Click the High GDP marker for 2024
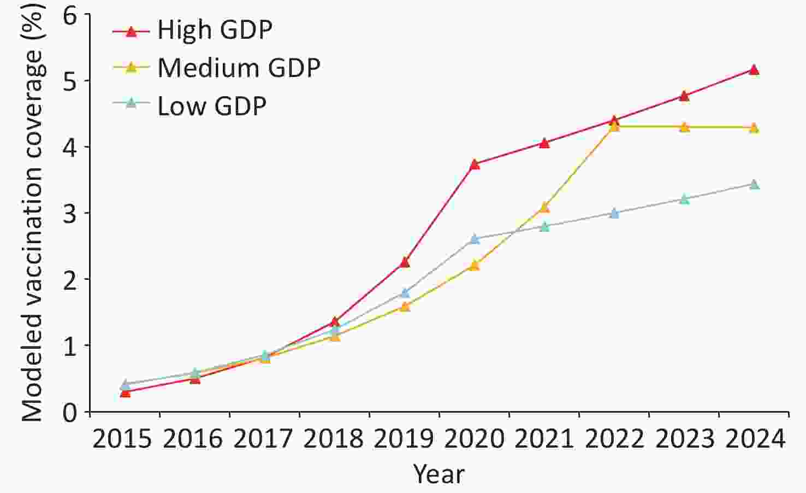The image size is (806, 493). tap(754, 70)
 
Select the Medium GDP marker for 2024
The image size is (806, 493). tap(754, 128)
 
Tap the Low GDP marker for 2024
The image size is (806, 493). tap(754, 185)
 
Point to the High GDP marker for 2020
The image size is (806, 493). tap(475, 164)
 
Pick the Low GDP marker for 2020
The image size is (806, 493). tap(475, 239)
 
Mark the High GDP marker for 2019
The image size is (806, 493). tap(405, 262)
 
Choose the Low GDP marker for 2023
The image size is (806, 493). tap(684, 199)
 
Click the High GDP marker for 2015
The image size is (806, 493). tap(125, 392)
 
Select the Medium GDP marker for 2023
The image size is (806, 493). tap(684, 127)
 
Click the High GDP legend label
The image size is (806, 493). tap(215, 30)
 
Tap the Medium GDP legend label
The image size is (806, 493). tap(239, 68)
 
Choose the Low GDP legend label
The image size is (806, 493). tap(212, 106)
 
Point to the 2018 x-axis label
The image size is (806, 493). tap(334, 439)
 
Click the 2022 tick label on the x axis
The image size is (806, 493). tap(614, 439)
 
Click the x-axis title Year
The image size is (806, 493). tap(438, 474)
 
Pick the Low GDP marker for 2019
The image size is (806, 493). tap(405, 293)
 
